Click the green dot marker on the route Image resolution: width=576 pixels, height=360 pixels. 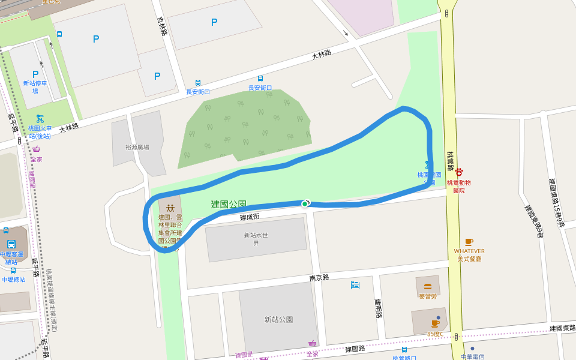tap(305, 204)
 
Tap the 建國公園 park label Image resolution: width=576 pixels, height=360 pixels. tap(229, 205)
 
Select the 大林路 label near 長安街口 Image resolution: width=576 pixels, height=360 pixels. tap(322, 55)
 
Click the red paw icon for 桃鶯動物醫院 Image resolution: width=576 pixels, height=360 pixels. tap(459, 172)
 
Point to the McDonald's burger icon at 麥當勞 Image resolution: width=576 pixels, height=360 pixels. tap(428, 286)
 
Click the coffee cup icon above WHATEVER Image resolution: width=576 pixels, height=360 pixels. tap(469, 242)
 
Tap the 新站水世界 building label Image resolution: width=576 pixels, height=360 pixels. tap(256, 239)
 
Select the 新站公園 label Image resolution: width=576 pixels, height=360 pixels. tap(279, 319)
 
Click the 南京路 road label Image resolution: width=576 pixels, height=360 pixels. tap(319, 277)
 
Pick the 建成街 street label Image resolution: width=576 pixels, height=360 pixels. tap(250, 217)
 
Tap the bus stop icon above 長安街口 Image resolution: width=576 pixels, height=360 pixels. tap(260, 79)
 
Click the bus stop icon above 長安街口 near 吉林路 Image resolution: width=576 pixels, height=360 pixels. tap(198, 83)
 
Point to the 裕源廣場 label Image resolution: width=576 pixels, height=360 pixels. tap(137, 147)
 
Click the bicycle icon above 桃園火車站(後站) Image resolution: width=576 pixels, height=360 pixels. tap(40, 118)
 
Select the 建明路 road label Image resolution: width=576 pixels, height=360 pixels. tap(378, 308)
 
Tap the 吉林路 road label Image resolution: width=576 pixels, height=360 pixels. tap(161, 26)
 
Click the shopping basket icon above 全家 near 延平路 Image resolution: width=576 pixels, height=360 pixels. tap(37, 149)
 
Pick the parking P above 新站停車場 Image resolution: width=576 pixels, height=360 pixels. tap(35, 74)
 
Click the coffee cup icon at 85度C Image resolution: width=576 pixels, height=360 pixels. tap(435, 323)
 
